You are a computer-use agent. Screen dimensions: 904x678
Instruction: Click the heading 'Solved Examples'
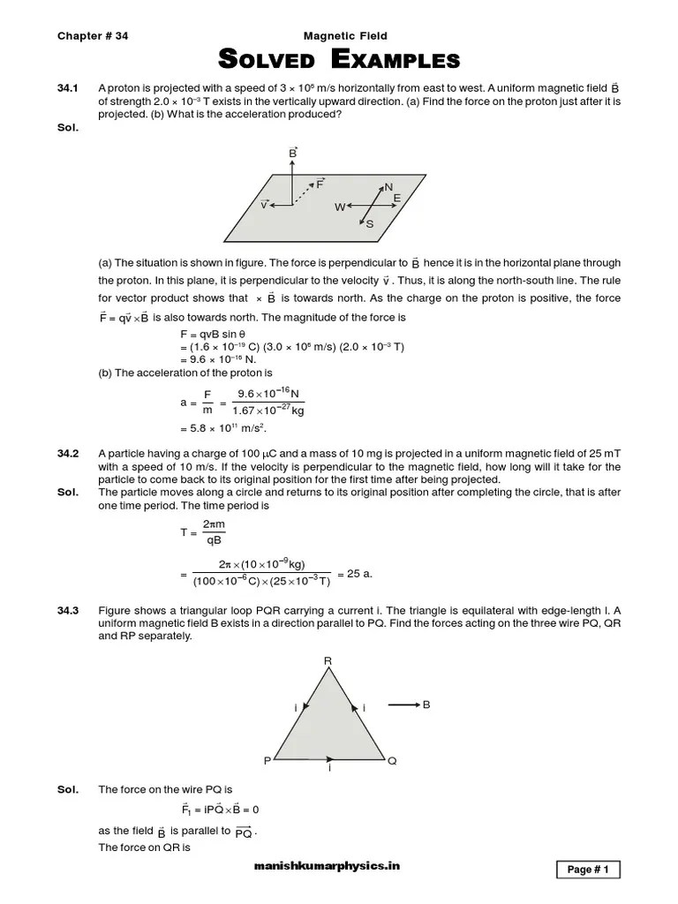click(339, 60)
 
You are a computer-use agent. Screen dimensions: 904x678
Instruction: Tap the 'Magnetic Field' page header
click(345, 36)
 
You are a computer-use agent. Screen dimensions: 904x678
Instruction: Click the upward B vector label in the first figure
click(293, 153)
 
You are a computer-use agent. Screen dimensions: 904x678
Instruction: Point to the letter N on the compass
click(388, 187)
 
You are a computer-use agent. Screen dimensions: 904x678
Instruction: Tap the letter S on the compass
click(369, 224)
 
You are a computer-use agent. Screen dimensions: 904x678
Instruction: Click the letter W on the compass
click(340, 207)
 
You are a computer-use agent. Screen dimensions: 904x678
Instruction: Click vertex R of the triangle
click(328, 660)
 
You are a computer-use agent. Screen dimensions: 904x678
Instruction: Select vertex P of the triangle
click(267, 759)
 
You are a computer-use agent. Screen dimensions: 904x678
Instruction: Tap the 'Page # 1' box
click(588, 870)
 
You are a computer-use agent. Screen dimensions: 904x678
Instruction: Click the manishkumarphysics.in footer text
click(326, 867)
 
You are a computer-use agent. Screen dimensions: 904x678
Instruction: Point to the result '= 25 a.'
click(355, 573)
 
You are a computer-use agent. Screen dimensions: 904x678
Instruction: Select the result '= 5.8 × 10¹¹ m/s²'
click(222, 428)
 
